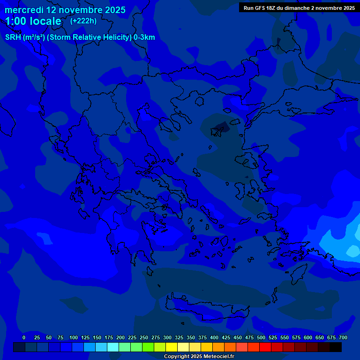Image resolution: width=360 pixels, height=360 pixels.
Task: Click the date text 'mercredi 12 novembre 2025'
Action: pyautogui.click(x=65, y=10)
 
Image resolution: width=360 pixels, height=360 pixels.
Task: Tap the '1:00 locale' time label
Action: pyautogui.click(x=33, y=21)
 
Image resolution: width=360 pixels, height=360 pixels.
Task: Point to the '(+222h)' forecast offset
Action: pyautogui.click(x=83, y=21)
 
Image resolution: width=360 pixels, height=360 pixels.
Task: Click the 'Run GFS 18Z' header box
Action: pyautogui.click(x=299, y=8)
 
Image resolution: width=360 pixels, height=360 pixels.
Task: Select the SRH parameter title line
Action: pyautogui.click(x=80, y=37)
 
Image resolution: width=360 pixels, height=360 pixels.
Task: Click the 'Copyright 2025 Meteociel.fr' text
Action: pyautogui.click(x=199, y=356)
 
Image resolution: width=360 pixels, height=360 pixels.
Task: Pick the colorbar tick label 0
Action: pyautogui.click(x=24, y=337)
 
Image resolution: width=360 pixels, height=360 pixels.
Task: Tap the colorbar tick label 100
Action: pyautogui.click(x=73, y=337)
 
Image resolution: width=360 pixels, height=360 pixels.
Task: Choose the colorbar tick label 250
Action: pyautogui.click(x=143, y=337)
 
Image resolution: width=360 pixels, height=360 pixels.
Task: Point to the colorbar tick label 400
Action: pyautogui.click(x=214, y=337)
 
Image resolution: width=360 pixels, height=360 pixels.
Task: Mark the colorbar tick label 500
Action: pyautogui.click(x=261, y=337)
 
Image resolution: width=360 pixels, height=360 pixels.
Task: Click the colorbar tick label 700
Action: pyautogui.click(x=343, y=337)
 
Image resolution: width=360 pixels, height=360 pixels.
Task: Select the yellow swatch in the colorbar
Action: pyautogui.click(x=172, y=347)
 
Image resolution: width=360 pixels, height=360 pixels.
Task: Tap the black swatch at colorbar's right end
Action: pyautogui.click(x=336, y=347)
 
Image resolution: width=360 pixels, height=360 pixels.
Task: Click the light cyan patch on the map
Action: pyautogui.click(x=352, y=251)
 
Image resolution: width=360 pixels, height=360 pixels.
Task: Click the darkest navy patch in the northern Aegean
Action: pyautogui.click(x=220, y=127)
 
